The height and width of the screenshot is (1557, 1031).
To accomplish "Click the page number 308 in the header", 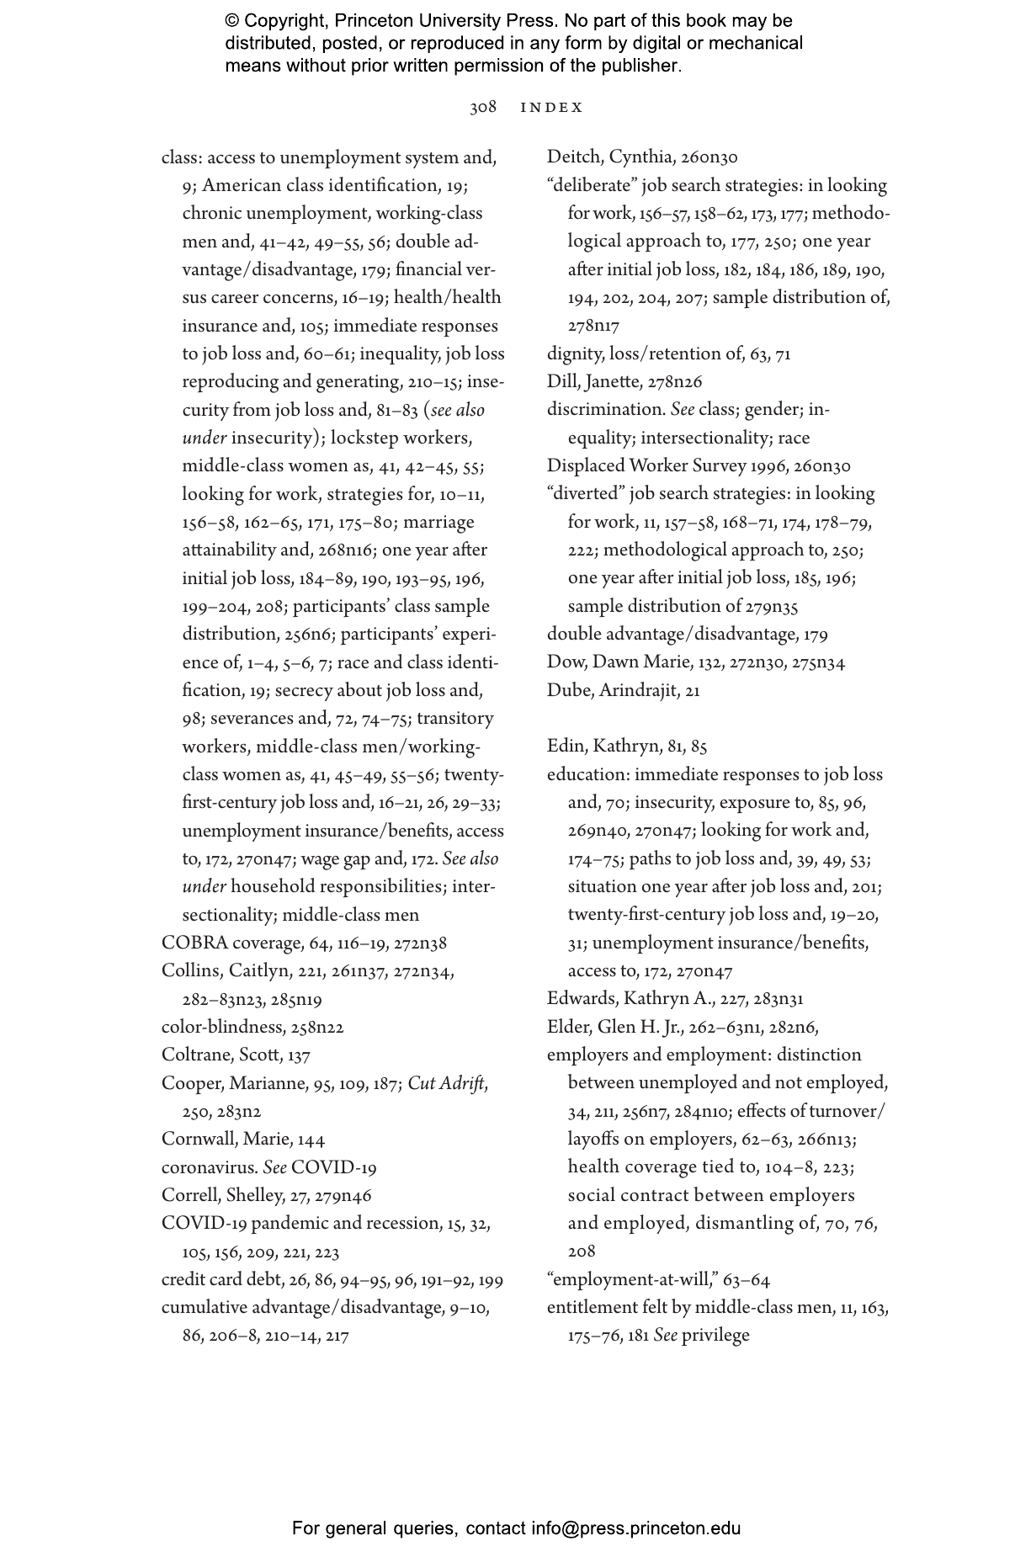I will [483, 108].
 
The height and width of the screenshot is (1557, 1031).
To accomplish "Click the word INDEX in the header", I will [552, 108].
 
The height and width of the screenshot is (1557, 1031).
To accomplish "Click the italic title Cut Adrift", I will [446, 1083].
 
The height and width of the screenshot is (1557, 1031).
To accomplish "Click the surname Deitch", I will [573, 157].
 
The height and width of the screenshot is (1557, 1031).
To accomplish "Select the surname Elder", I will [568, 1027].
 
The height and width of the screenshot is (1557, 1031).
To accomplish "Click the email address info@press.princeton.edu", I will [635, 1528].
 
